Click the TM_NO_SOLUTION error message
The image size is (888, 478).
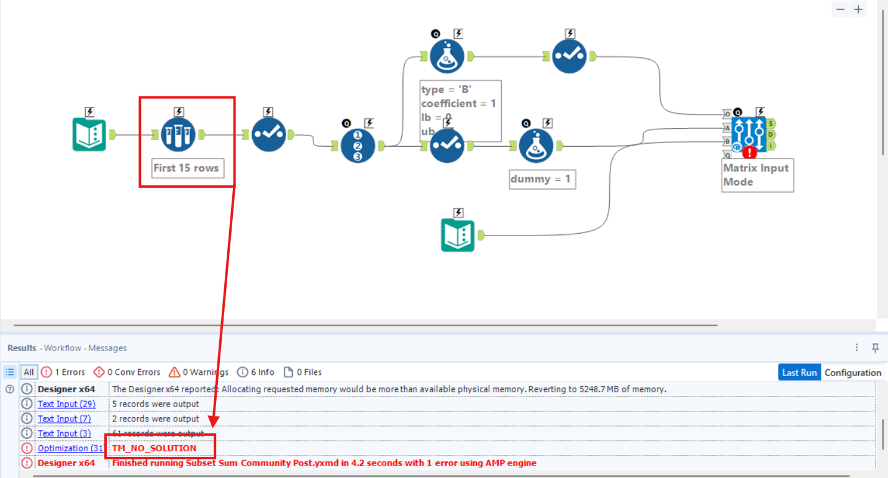pos(154,448)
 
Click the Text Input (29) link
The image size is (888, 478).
pos(66,404)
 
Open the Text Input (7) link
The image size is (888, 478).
pos(64,419)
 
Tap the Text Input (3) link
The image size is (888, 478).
pos(64,433)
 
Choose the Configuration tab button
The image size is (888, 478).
pos(853,372)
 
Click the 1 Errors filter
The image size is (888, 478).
pos(63,372)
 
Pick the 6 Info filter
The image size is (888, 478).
pos(255,372)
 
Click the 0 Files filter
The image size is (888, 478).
pos(302,372)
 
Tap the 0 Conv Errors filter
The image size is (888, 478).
pos(127,372)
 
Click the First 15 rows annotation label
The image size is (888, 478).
pos(186,168)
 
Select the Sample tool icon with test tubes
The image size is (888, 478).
pos(178,134)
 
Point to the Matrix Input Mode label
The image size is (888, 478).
pos(756,175)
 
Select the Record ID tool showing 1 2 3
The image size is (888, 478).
pos(358,146)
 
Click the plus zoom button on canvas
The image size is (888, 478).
pos(859,9)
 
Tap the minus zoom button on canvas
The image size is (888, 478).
pos(840,9)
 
